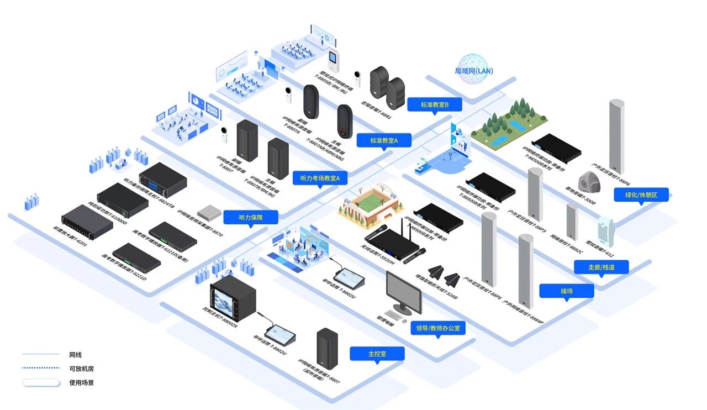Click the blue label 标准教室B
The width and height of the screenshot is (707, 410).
pyautogui.click(x=434, y=104)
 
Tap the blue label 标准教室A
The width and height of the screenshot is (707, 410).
pyautogui.click(x=383, y=141)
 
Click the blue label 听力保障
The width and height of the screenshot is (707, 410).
pyautogui.click(x=251, y=217)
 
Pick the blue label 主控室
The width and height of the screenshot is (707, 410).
pyautogui.click(x=377, y=354)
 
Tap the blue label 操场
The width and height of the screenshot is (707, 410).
pyautogui.click(x=566, y=291)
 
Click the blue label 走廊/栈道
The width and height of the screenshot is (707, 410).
pyautogui.click(x=602, y=267)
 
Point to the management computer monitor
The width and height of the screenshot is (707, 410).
pyautogui.click(x=403, y=292)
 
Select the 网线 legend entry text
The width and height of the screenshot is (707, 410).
pyautogui.click(x=76, y=355)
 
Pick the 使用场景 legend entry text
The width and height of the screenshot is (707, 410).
pyautogui.click(x=81, y=382)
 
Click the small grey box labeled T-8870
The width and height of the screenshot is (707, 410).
pyautogui.click(x=208, y=211)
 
